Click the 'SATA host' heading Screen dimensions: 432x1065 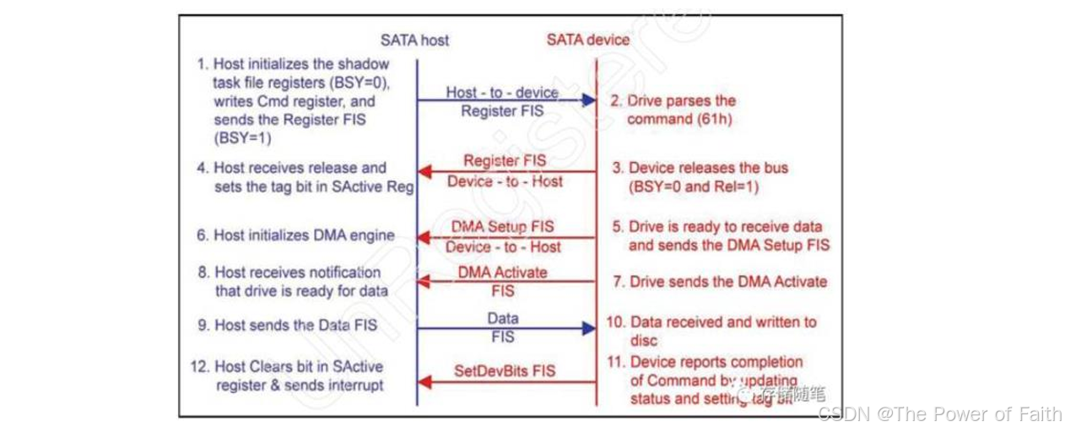click(x=414, y=40)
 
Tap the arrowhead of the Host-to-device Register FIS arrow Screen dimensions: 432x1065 click(x=590, y=100)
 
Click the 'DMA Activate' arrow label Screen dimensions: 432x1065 click(x=503, y=273)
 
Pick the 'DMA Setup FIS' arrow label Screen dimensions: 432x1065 click(x=504, y=227)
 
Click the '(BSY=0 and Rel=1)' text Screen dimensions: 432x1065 click(x=693, y=186)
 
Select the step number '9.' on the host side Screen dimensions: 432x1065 click(x=203, y=325)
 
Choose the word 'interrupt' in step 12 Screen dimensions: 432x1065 click(x=355, y=385)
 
